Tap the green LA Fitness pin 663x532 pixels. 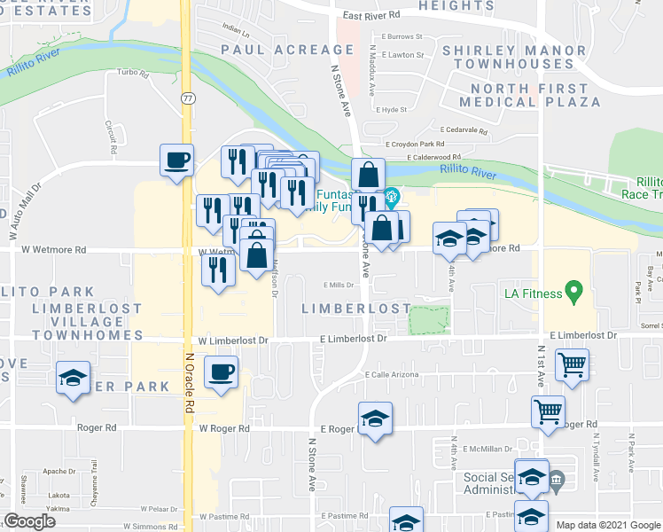click(573, 290)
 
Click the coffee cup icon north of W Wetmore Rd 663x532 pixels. click(175, 160)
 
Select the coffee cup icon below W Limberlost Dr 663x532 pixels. click(221, 372)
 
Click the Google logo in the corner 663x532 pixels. click(29, 520)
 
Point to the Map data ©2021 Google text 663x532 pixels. click(608, 525)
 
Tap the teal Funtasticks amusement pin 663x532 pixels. click(390, 198)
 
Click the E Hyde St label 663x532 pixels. click(391, 110)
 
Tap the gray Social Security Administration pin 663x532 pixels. click(556, 483)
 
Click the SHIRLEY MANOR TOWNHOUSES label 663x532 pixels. click(508, 58)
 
